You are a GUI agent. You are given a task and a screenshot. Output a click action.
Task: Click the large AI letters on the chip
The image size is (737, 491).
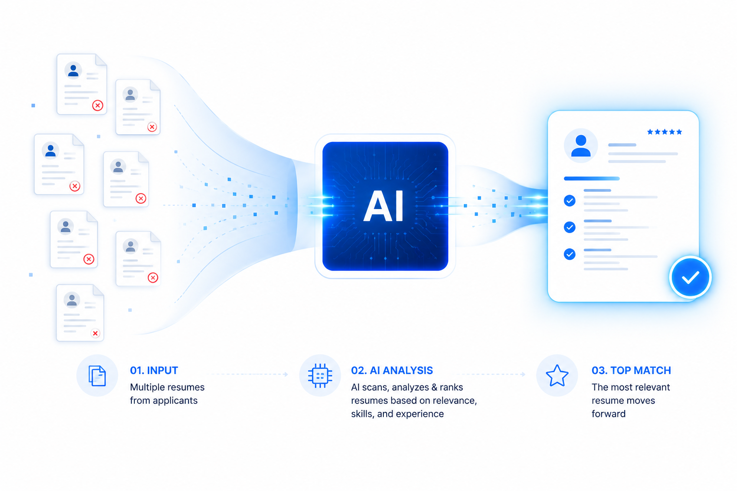(x=384, y=206)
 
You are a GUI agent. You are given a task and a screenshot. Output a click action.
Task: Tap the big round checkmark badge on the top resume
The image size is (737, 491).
(x=690, y=277)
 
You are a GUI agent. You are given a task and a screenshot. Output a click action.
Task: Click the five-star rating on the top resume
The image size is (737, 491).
(x=664, y=132)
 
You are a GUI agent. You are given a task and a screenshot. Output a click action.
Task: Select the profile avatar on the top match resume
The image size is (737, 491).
(x=581, y=145)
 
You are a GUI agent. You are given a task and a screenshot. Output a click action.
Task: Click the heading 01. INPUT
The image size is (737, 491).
(x=154, y=370)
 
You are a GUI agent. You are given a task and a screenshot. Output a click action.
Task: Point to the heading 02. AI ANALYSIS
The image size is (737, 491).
(x=392, y=370)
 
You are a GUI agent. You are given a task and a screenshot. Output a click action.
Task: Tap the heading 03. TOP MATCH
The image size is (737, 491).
(x=631, y=370)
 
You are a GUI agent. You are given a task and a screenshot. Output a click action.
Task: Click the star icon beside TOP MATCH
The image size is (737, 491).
(x=557, y=375)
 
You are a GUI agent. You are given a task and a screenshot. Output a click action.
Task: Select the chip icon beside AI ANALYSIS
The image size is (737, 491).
(x=320, y=375)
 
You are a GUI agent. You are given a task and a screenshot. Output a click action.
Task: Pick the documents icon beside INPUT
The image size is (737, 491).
(x=97, y=375)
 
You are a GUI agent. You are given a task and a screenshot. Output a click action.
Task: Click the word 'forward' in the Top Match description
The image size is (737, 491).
(x=608, y=413)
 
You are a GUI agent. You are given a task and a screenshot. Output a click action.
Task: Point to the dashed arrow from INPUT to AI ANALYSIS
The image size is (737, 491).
(x=250, y=374)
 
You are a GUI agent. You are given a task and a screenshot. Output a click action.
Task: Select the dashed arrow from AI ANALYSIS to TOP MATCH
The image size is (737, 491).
(x=490, y=374)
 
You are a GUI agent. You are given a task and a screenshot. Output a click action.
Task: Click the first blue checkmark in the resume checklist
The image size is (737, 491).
(x=570, y=200)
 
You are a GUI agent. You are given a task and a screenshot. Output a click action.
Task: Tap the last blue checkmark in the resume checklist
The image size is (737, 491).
(x=570, y=254)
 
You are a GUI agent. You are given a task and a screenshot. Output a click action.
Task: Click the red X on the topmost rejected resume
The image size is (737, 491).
(x=97, y=105)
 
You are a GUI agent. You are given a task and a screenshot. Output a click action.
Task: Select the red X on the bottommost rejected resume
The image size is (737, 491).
(x=95, y=333)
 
